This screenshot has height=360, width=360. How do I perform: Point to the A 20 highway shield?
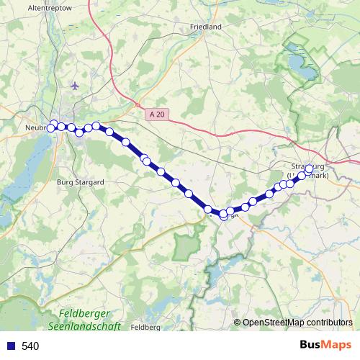158,114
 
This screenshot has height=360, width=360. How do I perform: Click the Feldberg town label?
146,327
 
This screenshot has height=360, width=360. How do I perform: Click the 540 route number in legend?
30,346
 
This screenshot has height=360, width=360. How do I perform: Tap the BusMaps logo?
326,345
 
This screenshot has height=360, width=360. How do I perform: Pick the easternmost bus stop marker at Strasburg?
309,169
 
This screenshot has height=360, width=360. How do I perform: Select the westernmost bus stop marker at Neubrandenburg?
50,128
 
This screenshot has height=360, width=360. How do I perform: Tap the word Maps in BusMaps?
337,345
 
